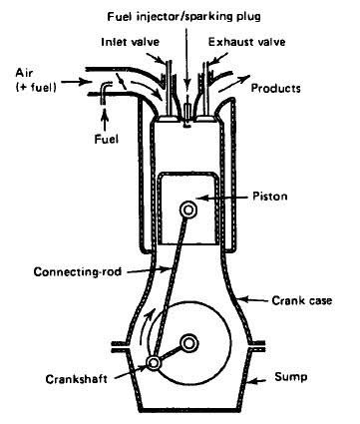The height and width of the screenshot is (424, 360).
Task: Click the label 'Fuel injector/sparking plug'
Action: pyautogui.click(x=183, y=16)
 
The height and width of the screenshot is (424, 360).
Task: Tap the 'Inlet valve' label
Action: pyautogui.click(x=131, y=42)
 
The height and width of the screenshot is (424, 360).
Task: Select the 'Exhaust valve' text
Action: pyautogui.click(x=246, y=42)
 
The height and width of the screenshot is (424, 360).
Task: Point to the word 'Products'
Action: pyautogui.click(x=275, y=88)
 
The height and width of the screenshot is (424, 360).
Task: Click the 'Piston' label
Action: pyautogui.click(x=270, y=196)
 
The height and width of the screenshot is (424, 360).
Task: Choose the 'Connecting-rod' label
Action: pyautogui.click(x=78, y=272)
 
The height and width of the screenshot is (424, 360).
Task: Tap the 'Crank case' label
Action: pyautogui.click(x=302, y=300)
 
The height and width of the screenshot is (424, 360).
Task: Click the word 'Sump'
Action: pyautogui.click(x=291, y=377)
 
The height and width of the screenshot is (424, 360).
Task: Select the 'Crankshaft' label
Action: pyautogui.click(x=77, y=379)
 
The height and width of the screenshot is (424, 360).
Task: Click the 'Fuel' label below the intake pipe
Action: pyautogui.click(x=106, y=139)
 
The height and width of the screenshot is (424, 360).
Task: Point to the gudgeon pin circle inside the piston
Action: pyautogui.click(x=187, y=210)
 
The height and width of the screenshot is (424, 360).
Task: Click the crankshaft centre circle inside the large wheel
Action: pyautogui.click(x=189, y=343)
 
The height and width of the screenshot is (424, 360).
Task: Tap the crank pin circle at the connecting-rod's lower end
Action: pyautogui.click(x=154, y=363)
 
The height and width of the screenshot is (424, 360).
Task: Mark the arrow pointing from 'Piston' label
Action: pyautogui.click(x=224, y=198)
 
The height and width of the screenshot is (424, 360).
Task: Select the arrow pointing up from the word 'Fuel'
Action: pyautogui.click(x=105, y=120)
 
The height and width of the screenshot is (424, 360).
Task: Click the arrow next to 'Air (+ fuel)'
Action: pyautogui.click(x=74, y=81)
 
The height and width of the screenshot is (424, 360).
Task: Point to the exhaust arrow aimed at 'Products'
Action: pyautogui.click(x=235, y=82)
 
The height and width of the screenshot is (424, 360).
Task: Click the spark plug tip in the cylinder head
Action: pyautogui.click(x=187, y=126)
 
